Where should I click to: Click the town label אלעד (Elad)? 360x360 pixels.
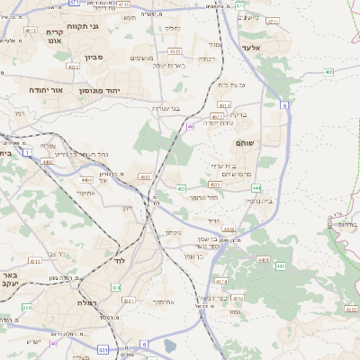pyautogui.click(x=251, y=47)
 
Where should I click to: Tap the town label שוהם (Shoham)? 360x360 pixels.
pyautogui.click(x=244, y=143)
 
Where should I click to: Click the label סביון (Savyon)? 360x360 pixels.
pyautogui.click(x=94, y=57)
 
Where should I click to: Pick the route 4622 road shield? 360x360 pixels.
pyautogui.click(x=72, y=66)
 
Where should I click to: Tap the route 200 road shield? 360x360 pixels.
pyautogui.click(x=27, y=307)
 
